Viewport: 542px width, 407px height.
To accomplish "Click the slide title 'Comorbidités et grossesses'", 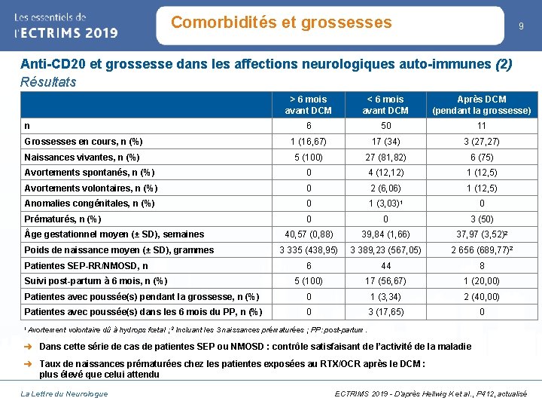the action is click(x=282, y=23).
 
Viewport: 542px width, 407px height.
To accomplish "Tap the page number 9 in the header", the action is click(x=521, y=26).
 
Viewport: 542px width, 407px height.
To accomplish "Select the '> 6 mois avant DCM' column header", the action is click(x=309, y=105).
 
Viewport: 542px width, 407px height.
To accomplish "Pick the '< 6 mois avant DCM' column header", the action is click(x=385, y=105).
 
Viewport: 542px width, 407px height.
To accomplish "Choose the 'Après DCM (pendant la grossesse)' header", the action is click(x=482, y=105).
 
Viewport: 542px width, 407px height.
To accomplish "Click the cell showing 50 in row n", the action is click(x=385, y=126).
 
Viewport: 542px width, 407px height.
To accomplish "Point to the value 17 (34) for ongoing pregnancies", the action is click(x=385, y=142).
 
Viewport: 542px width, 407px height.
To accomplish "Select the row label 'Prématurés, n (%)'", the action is click(x=62, y=219).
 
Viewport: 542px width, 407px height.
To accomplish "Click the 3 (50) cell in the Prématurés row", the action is click(x=482, y=219).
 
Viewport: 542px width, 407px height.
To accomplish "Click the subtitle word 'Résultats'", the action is click(x=48, y=82).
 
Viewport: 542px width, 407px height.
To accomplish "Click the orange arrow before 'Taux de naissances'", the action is click(x=28, y=364).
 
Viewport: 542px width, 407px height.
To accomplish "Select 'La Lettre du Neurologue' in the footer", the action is click(x=64, y=394).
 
